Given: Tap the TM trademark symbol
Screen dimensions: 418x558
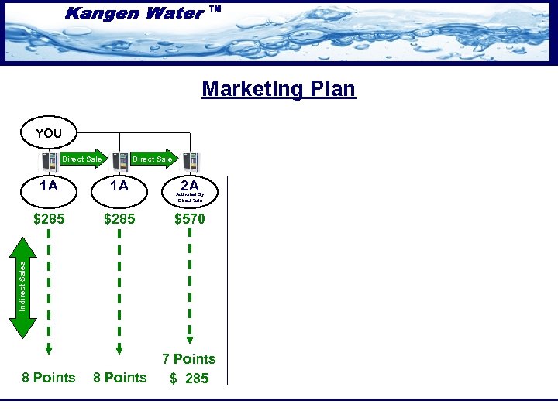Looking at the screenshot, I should [215, 10].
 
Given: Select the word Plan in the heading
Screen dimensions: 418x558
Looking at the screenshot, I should [332, 89].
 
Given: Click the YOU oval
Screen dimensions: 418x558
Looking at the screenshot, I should [48, 133].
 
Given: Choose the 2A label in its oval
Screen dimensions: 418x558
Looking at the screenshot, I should [189, 186].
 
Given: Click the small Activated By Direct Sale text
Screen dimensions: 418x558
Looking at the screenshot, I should [190, 198].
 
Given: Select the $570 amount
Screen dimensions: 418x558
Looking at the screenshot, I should [190, 219].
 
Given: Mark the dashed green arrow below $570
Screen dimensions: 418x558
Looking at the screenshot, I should [190, 287].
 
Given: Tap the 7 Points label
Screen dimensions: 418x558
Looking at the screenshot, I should [189, 359].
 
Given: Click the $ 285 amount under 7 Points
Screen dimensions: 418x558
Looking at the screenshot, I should [189, 379].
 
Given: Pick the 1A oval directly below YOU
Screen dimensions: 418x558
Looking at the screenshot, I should [49, 187].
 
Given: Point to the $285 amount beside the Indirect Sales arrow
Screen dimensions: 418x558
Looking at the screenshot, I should [49, 219].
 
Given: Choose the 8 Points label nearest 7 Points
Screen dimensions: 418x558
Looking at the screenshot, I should [119, 378].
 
